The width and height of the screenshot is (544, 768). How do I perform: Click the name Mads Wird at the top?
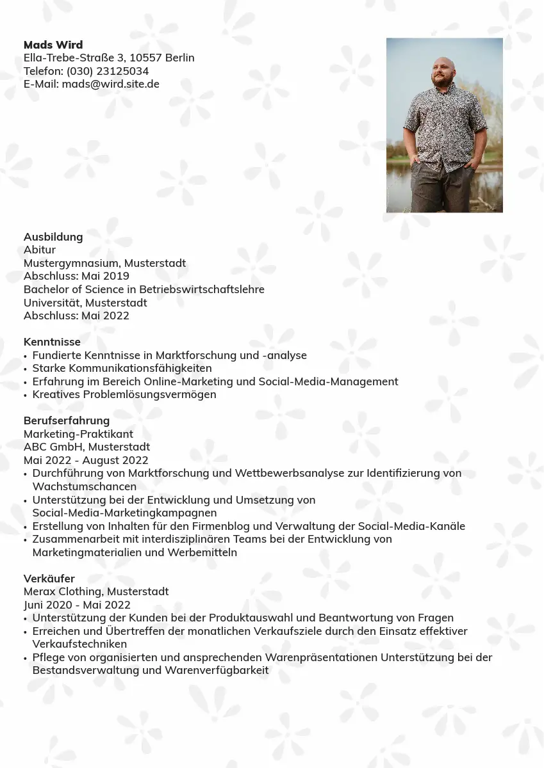[x=53, y=45]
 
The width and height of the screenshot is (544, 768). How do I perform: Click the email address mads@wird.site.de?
[x=110, y=84]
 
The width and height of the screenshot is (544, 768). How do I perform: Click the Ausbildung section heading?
[x=53, y=237]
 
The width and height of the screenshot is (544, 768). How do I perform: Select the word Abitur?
[x=40, y=250]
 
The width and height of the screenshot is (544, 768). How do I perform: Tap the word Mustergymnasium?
[x=71, y=263]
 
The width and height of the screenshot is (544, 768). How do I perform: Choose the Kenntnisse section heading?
[x=52, y=342]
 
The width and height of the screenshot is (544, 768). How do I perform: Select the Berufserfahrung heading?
[x=67, y=420]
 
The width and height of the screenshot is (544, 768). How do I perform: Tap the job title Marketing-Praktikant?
[x=78, y=434]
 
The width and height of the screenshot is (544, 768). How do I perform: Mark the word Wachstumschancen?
[x=85, y=486]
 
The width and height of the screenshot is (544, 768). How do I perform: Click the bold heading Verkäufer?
[x=49, y=579]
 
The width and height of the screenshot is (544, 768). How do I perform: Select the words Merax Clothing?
[x=63, y=591]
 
